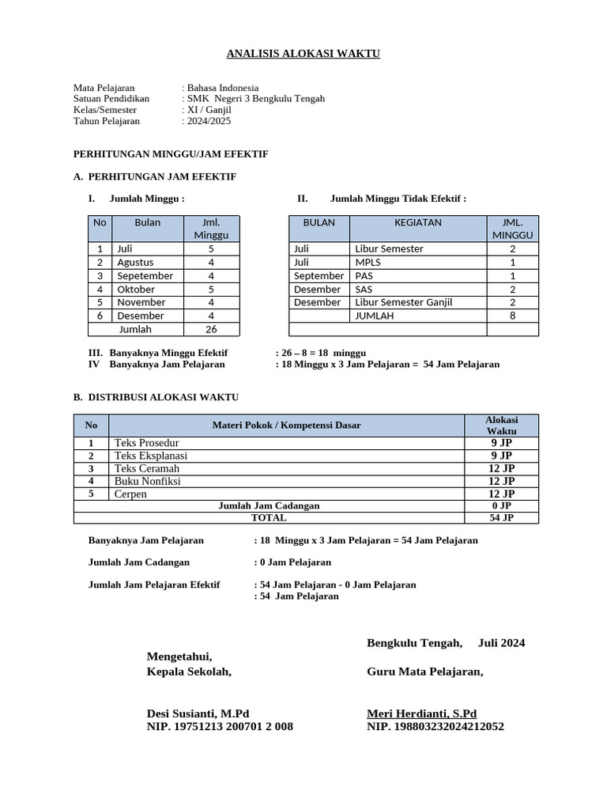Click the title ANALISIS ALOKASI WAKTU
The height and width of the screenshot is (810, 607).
[303, 54]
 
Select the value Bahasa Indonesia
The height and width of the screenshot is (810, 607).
[223, 88]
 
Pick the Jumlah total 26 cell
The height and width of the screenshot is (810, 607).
[211, 329]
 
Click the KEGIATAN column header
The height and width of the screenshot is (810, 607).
[418, 223]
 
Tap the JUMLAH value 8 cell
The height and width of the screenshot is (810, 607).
[512, 316]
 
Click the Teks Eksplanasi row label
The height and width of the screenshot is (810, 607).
[151, 456]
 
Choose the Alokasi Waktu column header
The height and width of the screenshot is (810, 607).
[501, 425]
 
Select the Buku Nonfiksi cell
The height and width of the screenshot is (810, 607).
[148, 481]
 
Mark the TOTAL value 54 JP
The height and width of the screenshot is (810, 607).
[501, 518]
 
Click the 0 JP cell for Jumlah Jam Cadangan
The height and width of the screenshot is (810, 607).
[501, 505]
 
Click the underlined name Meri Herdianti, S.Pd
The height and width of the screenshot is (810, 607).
[422, 713]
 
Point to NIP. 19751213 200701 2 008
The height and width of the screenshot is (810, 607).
[220, 726]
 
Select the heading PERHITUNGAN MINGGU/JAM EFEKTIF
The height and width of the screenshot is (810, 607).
[171, 154]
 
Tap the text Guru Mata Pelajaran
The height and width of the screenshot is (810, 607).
[425, 672]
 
